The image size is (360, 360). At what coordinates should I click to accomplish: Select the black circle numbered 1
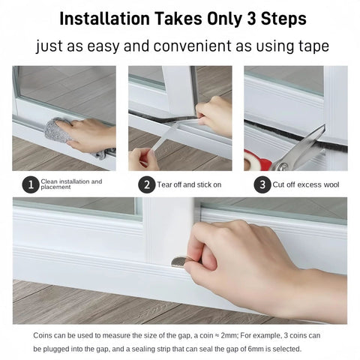click(30, 184)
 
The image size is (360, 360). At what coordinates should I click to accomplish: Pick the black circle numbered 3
click(262, 184)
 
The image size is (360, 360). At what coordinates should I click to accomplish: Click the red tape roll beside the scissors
click(252, 160)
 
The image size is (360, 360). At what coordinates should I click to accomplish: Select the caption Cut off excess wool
click(303, 184)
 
